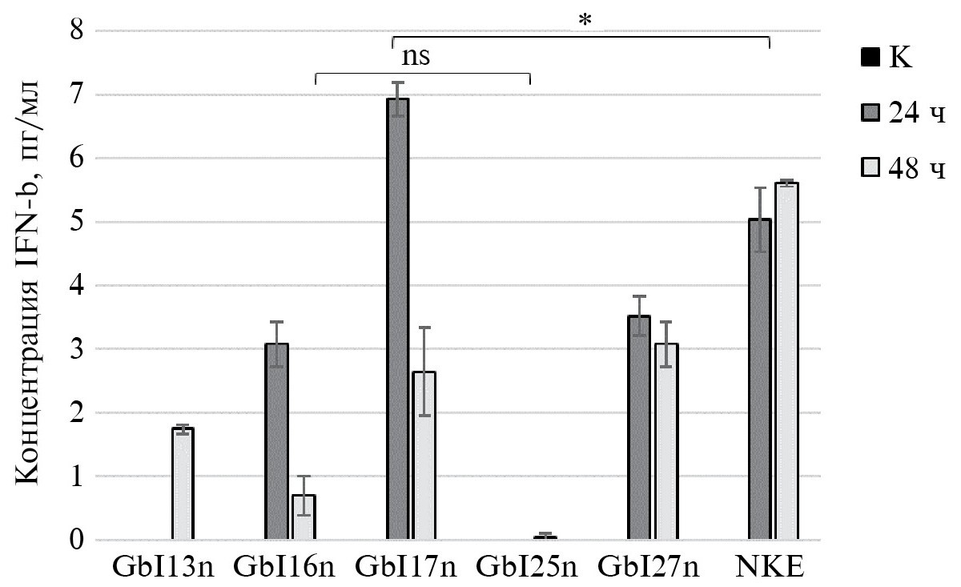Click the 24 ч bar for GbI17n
tap(398, 320)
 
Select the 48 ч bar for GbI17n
tap(424, 456)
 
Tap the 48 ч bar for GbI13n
tap(183, 484)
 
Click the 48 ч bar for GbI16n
tap(304, 517)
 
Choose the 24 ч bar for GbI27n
tap(639, 428)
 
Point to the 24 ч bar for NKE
tap(760, 380)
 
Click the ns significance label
tap(420, 58)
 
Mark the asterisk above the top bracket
tap(585, 21)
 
